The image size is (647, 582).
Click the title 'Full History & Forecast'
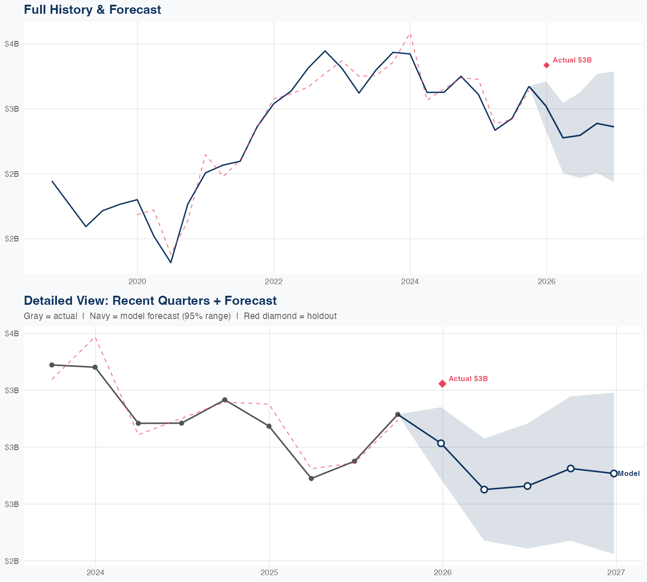pos(92,9)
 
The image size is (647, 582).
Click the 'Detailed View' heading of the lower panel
pos(150,300)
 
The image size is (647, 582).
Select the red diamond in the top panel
pos(546,65)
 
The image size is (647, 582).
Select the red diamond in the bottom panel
pos(443,384)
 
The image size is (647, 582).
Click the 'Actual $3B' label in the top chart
pos(572,60)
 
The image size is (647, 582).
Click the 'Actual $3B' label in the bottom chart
pos(468,379)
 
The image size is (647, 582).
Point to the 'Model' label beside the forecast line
pos(629,474)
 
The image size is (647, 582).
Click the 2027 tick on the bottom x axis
pos(616,573)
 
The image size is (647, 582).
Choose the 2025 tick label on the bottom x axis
pos(269,573)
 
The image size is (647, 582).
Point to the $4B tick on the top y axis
pos(12,44)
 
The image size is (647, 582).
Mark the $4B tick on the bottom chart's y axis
pos(12,334)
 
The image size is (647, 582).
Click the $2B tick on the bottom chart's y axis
pos(12,561)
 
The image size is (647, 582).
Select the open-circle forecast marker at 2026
pos(441,443)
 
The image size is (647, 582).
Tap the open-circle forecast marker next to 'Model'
pos(614,473)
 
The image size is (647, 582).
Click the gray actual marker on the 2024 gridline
pos(95,367)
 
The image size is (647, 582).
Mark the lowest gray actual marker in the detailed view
pos(311,479)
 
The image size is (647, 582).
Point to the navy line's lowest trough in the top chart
pos(171,262)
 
